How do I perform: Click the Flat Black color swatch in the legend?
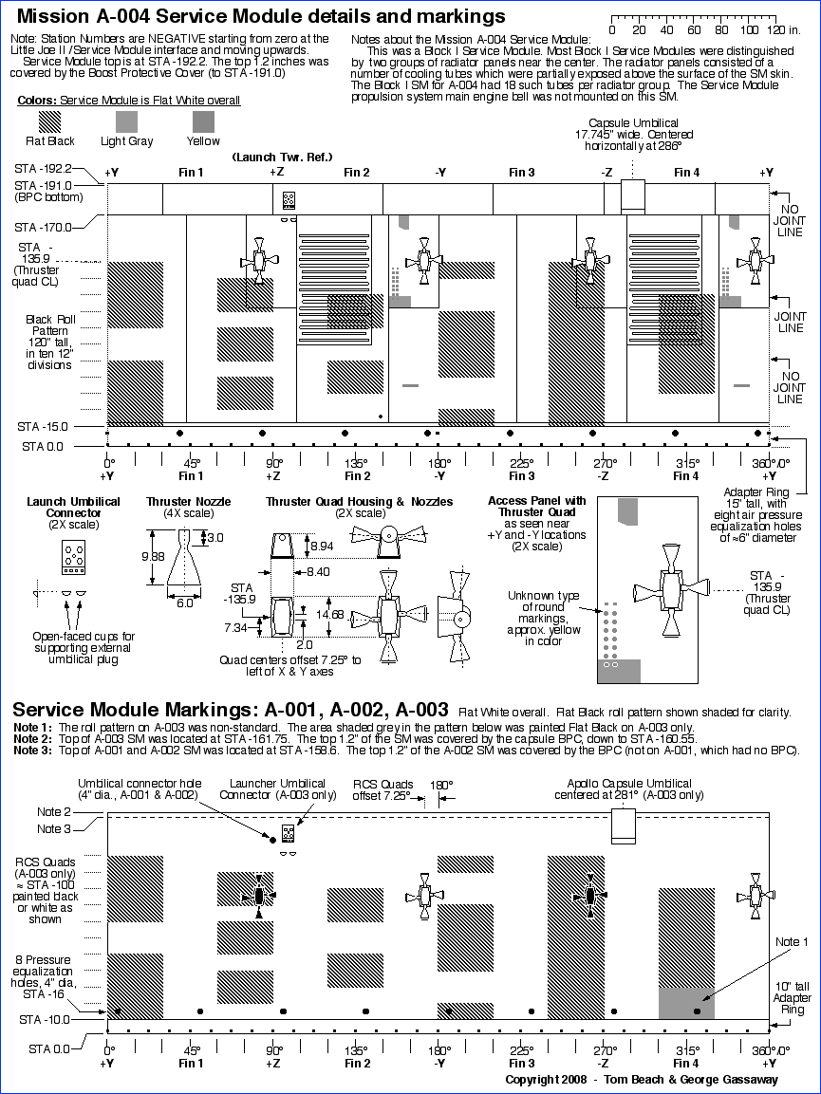(x=49, y=121)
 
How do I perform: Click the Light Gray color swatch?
(x=127, y=121)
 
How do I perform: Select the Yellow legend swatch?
(x=204, y=121)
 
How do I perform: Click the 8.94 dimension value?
(x=324, y=546)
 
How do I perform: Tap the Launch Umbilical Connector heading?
(x=73, y=507)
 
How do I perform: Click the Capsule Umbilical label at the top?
(x=633, y=123)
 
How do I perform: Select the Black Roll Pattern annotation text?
(x=50, y=337)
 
